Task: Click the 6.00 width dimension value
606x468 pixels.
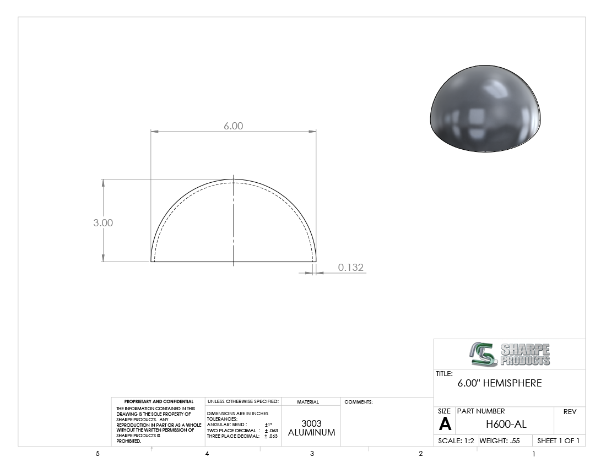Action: [x=234, y=126]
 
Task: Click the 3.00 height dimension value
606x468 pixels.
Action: [x=103, y=223]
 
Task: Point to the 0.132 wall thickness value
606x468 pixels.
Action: [x=351, y=267]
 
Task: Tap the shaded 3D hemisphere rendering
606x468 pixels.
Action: [x=485, y=108]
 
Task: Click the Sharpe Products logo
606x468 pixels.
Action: [x=510, y=354]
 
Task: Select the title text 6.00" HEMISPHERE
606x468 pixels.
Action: [x=500, y=383]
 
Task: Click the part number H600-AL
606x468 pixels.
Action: [x=506, y=424]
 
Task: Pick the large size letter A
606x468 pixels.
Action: [x=445, y=424]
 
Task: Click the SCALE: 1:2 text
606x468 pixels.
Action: [x=456, y=440]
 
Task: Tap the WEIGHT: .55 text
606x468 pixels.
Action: [x=500, y=440]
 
